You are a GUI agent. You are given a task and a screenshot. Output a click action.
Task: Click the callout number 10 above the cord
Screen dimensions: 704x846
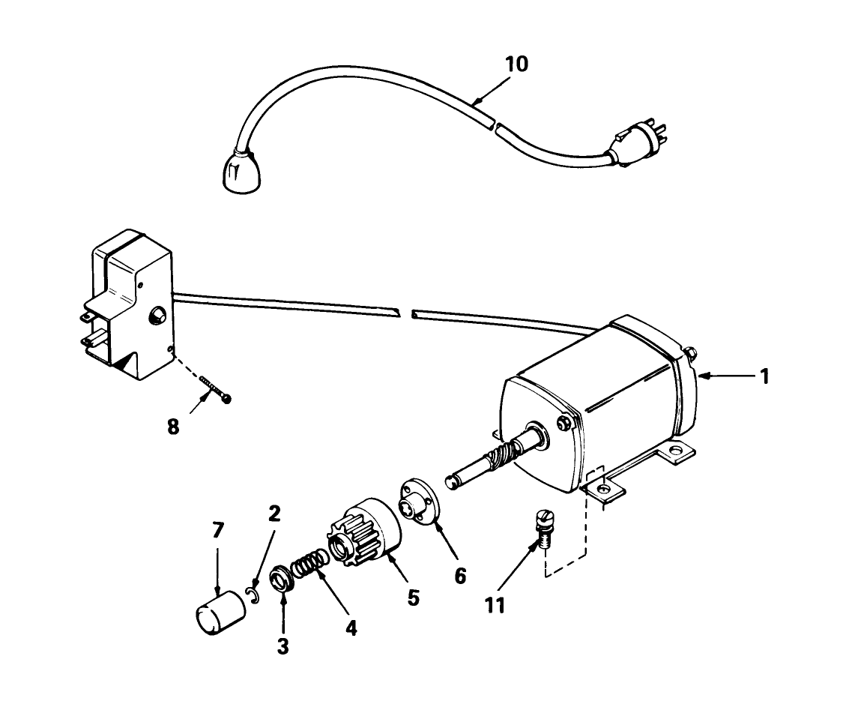[516, 64]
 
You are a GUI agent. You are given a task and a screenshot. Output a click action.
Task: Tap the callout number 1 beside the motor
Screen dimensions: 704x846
[764, 376]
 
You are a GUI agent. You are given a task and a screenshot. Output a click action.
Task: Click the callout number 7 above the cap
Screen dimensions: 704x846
[217, 531]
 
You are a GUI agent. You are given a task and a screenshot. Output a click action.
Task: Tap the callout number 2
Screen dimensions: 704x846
[274, 514]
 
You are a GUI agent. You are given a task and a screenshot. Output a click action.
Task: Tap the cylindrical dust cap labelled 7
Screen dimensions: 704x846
[219, 613]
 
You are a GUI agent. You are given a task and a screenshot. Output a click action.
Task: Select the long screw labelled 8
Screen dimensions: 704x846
[214, 389]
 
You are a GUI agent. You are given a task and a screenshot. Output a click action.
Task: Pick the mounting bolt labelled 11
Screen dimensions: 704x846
[543, 530]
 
